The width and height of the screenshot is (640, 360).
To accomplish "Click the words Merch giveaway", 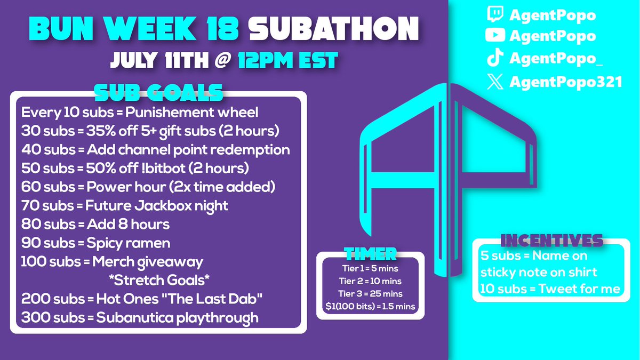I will tap(148, 262).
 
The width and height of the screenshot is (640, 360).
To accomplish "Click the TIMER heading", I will tap(371, 253).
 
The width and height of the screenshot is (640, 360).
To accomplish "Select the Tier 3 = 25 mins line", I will tap(371, 293).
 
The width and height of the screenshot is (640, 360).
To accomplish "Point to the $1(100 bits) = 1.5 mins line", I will tap(371, 306).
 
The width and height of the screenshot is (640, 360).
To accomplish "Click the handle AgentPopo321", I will tap(566, 83).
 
